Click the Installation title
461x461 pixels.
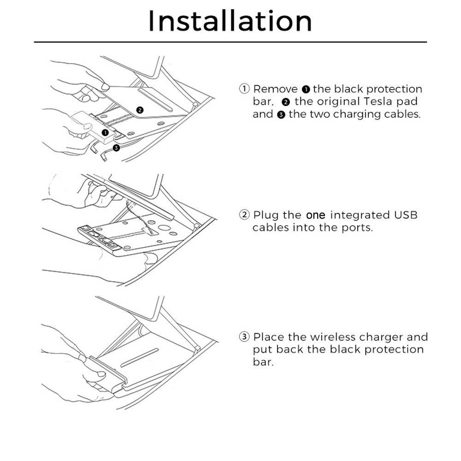tap(230, 21)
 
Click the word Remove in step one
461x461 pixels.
tap(276, 89)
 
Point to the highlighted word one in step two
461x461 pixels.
tap(315, 215)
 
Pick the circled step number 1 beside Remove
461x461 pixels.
tap(244, 89)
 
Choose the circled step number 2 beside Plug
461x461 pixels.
tap(244, 215)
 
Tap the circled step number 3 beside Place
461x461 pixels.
tap(244, 337)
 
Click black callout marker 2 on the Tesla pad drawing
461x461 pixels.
tap(140, 110)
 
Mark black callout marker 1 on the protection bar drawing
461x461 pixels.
tap(105, 133)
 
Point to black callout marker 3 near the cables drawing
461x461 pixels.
tap(117, 148)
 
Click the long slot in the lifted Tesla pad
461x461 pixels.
tap(155, 100)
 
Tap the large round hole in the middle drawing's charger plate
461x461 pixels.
tap(164, 228)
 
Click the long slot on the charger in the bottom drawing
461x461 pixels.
tap(140, 358)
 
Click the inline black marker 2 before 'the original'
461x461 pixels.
tap(286, 102)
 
